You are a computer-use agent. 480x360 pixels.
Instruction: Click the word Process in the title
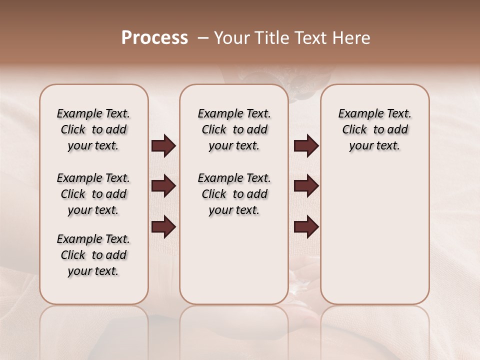(154, 38)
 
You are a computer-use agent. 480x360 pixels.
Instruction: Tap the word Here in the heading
(352, 38)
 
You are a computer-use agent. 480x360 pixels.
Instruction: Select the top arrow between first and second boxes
(163, 146)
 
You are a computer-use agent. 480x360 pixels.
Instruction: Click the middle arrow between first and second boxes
(163, 186)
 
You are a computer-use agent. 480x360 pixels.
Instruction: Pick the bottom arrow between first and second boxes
(163, 227)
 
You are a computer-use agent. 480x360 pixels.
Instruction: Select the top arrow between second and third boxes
(306, 146)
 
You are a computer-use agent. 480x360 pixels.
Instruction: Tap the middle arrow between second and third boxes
(306, 186)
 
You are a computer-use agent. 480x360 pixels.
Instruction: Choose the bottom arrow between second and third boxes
(306, 227)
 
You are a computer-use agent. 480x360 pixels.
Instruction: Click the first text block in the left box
(93, 129)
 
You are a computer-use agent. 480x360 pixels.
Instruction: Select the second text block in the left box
(93, 194)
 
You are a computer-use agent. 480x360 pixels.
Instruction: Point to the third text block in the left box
(93, 255)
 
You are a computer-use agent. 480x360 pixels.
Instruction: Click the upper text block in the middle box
(234, 129)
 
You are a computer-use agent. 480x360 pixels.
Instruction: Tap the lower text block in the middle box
(234, 194)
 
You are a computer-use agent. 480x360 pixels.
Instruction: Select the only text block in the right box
(375, 129)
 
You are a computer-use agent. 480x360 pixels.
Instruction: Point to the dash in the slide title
(203, 38)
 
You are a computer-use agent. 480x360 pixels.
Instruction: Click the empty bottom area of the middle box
(234, 265)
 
